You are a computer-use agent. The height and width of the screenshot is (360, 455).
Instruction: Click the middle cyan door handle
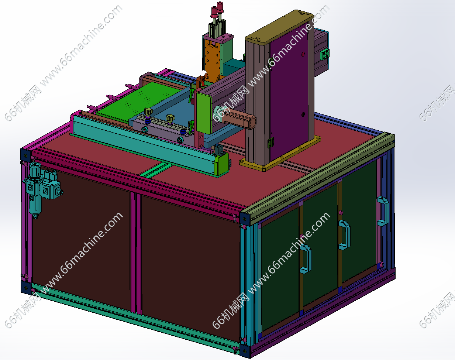344,235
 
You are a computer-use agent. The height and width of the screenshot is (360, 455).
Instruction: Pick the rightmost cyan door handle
383,211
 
